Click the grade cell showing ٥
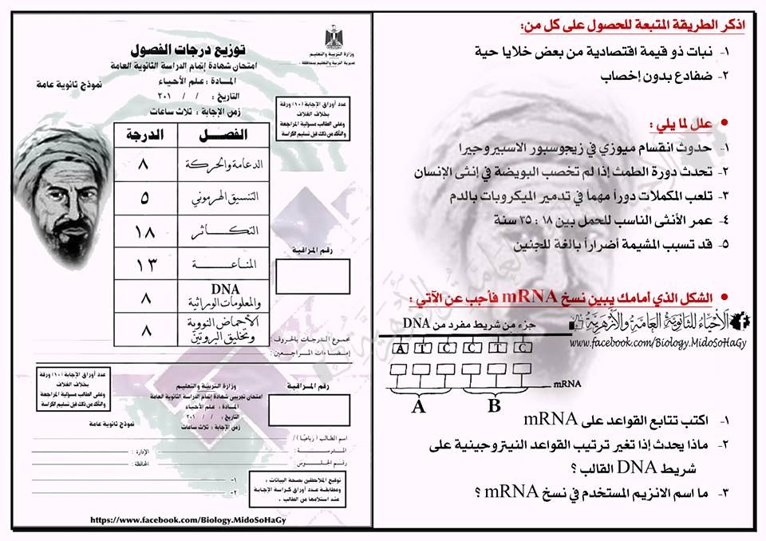click(x=144, y=197)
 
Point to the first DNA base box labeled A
click(x=401, y=347)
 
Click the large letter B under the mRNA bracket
click(x=495, y=406)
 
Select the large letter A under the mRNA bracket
click(x=417, y=407)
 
